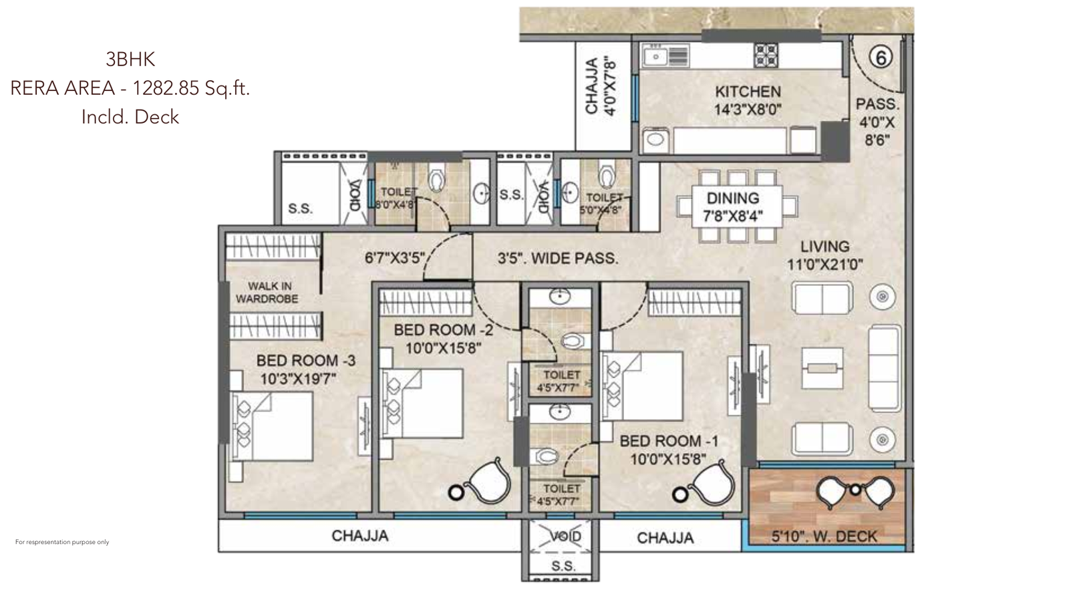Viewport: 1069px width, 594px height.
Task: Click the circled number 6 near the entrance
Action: click(881, 58)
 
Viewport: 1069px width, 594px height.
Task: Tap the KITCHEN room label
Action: click(747, 92)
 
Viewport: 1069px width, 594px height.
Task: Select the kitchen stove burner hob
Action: click(766, 55)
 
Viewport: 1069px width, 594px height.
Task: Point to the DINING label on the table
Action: click(733, 198)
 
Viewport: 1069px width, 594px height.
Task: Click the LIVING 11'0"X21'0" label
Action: click(824, 255)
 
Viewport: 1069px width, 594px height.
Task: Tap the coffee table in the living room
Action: click(822, 368)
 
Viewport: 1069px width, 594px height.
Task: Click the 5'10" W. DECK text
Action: click(824, 536)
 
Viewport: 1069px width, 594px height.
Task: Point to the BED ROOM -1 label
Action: click(669, 441)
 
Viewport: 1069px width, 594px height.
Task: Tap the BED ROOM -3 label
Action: click(305, 361)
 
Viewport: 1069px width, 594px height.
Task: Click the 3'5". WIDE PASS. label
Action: click(557, 258)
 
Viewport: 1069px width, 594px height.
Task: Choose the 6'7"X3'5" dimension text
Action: click(394, 257)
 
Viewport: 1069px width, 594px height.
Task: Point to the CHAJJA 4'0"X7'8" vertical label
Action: click(599, 87)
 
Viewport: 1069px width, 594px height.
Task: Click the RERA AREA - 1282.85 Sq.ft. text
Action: click(130, 88)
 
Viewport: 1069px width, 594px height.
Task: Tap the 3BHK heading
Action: click(130, 59)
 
